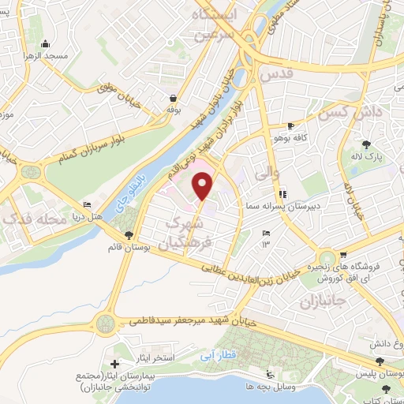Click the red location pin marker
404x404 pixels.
204,185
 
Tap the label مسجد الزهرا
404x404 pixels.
46,57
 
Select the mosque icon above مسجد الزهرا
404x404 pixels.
46,44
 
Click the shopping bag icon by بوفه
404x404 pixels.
173,99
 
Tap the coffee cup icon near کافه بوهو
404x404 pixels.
291,126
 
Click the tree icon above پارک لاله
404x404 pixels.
366,144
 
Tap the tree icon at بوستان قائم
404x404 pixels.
129,234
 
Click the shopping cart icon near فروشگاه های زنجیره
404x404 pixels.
344,255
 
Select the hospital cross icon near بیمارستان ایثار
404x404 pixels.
116,365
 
